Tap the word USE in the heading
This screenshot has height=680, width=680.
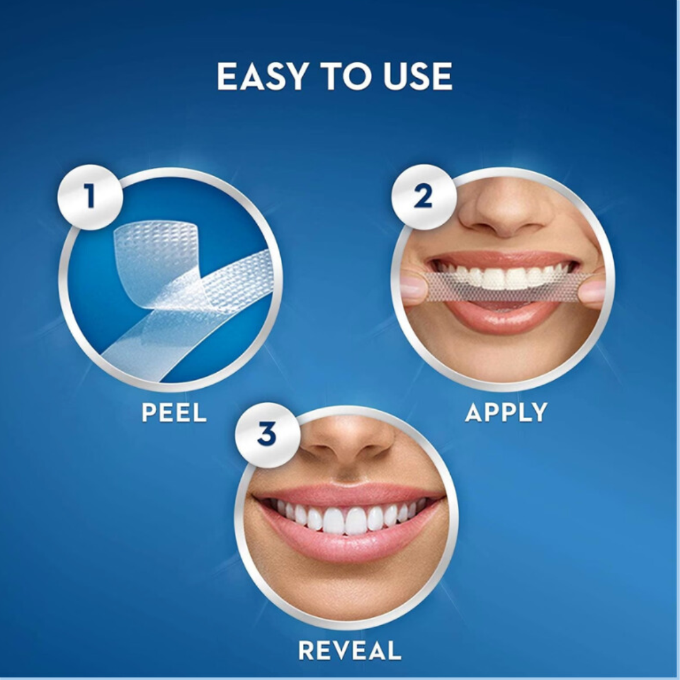point(417,76)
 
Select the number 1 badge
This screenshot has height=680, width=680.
point(90,197)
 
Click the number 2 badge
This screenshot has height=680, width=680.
point(424,197)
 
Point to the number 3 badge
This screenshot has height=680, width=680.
point(267,435)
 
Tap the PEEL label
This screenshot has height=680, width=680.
point(174,412)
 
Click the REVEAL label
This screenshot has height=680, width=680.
point(350,650)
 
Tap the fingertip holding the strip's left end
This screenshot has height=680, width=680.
point(412,287)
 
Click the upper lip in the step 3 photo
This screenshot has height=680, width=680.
point(347,494)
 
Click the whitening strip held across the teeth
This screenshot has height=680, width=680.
point(503,286)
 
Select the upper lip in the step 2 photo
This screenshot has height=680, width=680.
point(503,259)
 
